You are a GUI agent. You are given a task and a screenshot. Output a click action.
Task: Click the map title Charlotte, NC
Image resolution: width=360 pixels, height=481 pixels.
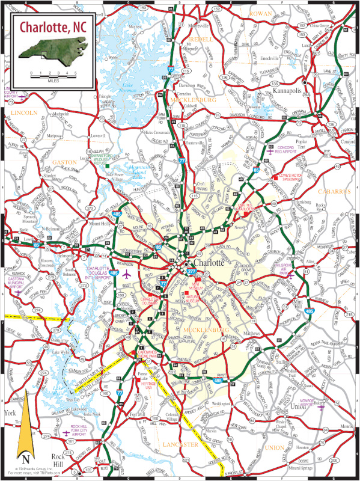click(x=52, y=28)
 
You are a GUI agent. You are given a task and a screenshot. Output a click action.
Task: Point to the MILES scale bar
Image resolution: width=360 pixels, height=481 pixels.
click(x=54, y=76)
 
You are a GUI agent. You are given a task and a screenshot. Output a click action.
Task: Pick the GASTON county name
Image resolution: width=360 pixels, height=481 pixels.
click(x=65, y=162)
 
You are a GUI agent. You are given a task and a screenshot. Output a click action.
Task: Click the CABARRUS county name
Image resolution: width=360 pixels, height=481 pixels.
click(x=331, y=191)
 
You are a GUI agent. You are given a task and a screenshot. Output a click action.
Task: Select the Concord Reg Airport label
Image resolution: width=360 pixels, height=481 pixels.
click(x=285, y=150)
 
